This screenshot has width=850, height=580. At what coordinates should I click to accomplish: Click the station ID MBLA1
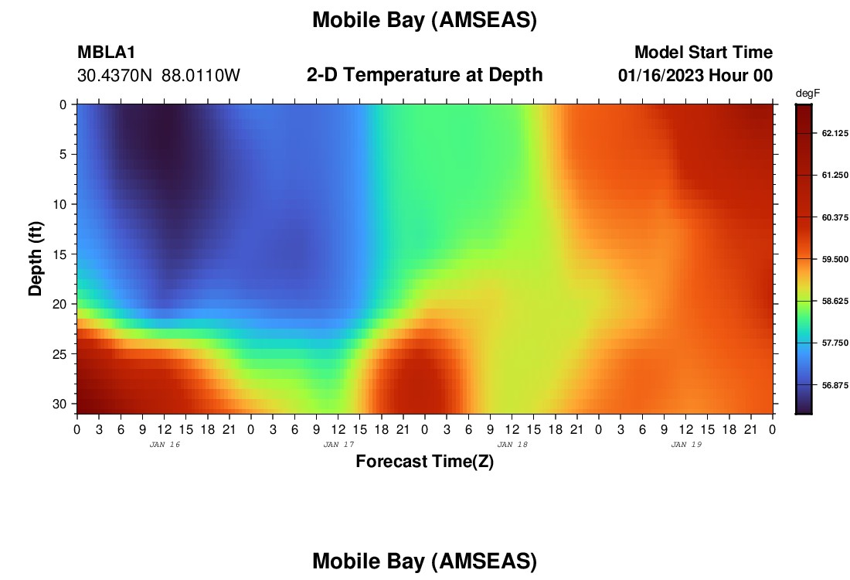[107, 52]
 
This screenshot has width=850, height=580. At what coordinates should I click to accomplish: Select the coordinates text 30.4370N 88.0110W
[158, 76]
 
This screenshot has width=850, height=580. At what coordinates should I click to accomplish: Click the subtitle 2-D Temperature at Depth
[424, 75]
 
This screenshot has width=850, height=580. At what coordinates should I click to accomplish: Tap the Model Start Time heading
[703, 52]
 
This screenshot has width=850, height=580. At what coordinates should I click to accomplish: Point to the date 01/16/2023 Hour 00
[695, 76]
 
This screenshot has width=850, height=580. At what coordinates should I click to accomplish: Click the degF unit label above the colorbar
[807, 94]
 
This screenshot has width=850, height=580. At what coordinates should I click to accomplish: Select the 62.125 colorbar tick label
[835, 134]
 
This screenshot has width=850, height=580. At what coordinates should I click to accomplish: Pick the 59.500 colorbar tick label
[835, 259]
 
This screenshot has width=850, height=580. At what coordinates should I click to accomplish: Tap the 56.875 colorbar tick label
[835, 385]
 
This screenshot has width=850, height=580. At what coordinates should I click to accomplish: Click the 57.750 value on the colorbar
[835, 343]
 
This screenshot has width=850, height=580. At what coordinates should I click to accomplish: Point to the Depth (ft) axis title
[36, 259]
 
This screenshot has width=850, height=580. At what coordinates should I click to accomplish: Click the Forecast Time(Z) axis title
[424, 462]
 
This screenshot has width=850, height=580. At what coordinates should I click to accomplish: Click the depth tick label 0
[63, 104]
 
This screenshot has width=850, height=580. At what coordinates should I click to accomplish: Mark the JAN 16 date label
[165, 445]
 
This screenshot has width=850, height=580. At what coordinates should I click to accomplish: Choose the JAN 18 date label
[512, 445]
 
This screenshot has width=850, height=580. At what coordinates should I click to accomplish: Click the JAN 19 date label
[686, 445]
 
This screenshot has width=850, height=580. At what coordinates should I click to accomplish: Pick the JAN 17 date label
[338, 445]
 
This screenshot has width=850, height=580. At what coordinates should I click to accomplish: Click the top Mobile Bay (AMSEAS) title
[424, 20]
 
